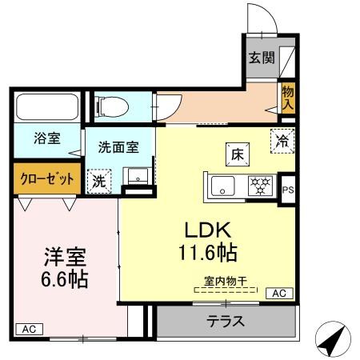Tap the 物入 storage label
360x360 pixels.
[288, 98]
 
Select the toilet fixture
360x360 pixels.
[113, 105]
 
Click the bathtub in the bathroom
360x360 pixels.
[45, 107]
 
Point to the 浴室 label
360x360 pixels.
[46, 138]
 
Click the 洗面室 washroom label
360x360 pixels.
[118, 147]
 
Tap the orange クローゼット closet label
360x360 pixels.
[46, 178]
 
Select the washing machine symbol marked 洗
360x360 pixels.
[99, 180]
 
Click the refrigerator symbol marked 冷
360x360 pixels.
[282, 138]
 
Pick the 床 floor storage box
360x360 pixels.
[237, 153]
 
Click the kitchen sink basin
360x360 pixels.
[223, 186]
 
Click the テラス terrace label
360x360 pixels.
[226, 323]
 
